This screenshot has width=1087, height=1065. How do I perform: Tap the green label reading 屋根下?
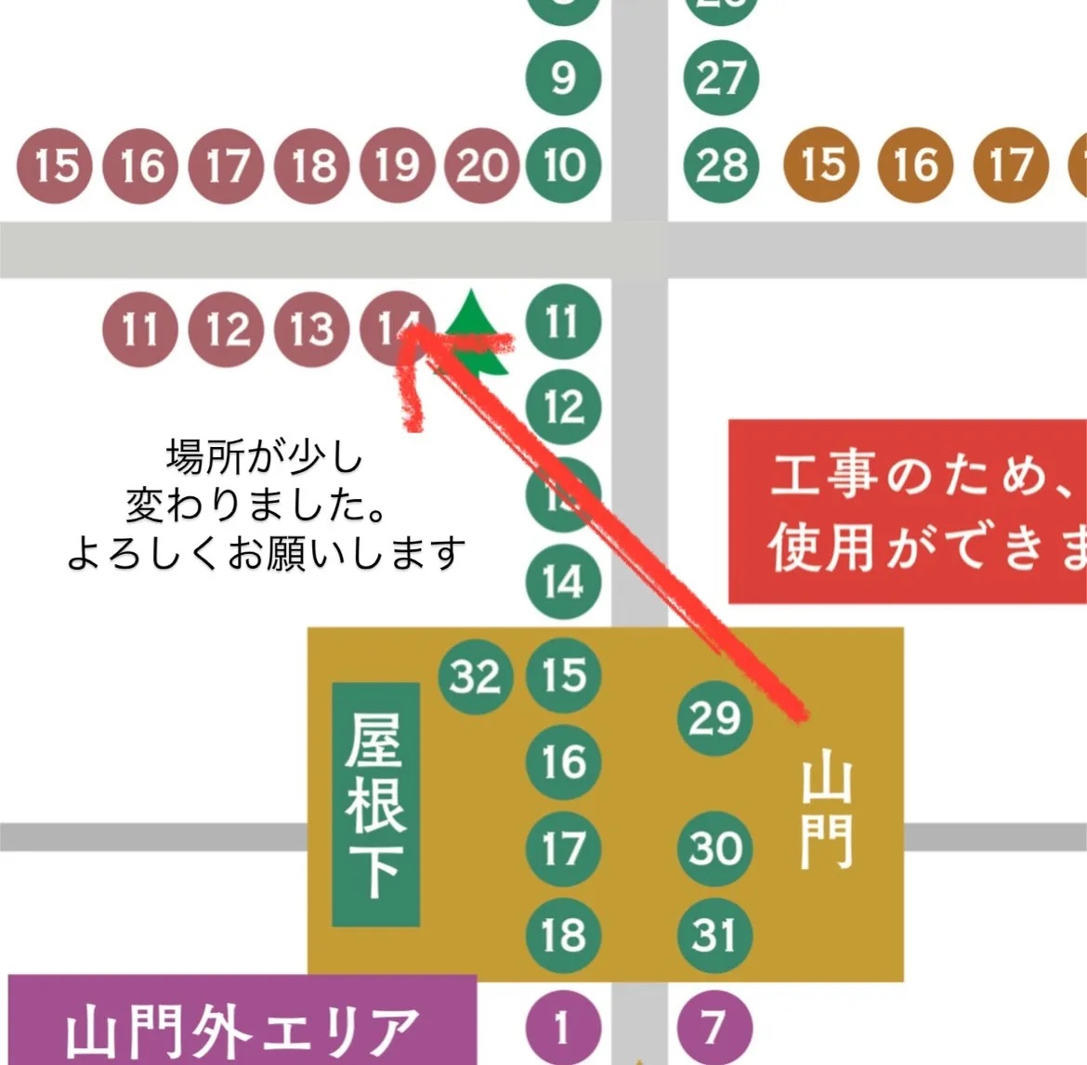pyautogui.click(x=375, y=804)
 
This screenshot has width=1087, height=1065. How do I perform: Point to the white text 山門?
pyautogui.click(x=826, y=814)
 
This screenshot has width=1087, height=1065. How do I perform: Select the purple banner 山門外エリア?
pyautogui.click(x=242, y=1022)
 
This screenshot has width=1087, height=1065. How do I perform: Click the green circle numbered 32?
pyautogui.click(x=476, y=677)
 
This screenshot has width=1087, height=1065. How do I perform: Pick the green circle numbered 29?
pyautogui.click(x=714, y=717)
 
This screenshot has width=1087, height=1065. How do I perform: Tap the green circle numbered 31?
pyautogui.click(x=714, y=935)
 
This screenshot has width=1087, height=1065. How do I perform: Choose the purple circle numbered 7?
pyautogui.click(x=714, y=1028)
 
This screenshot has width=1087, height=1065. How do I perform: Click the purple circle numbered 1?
pyautogui.click(x=563, y=1028)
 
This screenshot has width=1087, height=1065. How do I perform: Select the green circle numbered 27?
pyautogui.click(x=721, y=78)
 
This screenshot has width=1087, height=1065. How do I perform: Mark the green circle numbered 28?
pyautogui.click(x=721, y=165)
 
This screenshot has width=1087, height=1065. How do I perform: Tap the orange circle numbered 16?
pyautogui.click(x=916, y=165)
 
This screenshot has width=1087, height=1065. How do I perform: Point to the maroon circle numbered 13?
pyautogui.click(x=312, y=329)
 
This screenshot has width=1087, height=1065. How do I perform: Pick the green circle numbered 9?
pyautogui.click(x=564, y=78)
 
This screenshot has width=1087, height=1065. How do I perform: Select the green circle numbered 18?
pyautogui.click(x=564, y=935)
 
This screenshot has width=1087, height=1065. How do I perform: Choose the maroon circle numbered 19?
pyautogui.click(x=398, y=165)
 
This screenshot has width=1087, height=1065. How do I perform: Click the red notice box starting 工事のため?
pyautogui.click(x=907, y=511)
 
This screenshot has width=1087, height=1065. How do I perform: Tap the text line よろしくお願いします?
pyautogui.click(x=266, y=554)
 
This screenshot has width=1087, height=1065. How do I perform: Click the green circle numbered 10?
pyautogui.click(x=564, y=165)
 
